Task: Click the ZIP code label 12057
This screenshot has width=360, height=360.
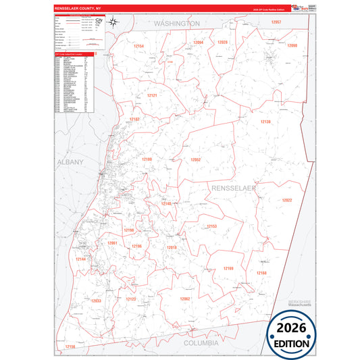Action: [x=276, y=22]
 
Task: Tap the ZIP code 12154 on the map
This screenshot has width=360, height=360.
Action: [x=139, y=46]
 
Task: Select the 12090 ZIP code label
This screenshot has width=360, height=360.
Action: [x=292, y=45]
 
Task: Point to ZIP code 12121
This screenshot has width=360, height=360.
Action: [x=152, y=96]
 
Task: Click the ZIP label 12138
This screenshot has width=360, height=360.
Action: [x=265, y=122]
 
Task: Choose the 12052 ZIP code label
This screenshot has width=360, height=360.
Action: [x=196, y=159]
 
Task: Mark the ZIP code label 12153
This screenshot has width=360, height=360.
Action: [x=211, y=226]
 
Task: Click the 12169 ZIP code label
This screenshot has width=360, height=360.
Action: [x=228, y=268]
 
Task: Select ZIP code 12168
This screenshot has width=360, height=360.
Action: [x=261, y=273]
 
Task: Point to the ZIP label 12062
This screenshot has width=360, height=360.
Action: [x=185, y=299]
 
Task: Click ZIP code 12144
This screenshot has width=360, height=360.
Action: [x=80, y=259]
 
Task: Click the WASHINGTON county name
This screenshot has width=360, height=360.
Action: [x=176, y=23]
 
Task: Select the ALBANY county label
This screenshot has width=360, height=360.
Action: [x=70, y=162]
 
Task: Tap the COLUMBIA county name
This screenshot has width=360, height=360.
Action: [x=201, y=343]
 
